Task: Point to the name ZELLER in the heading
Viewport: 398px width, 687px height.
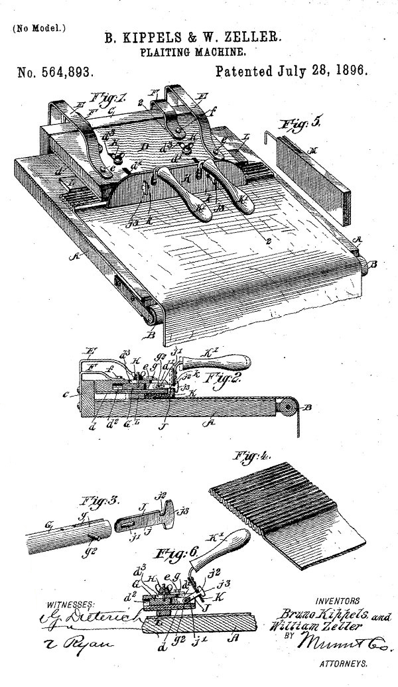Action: [x=255, y=38]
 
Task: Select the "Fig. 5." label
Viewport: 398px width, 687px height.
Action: [x=290, y=123]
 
